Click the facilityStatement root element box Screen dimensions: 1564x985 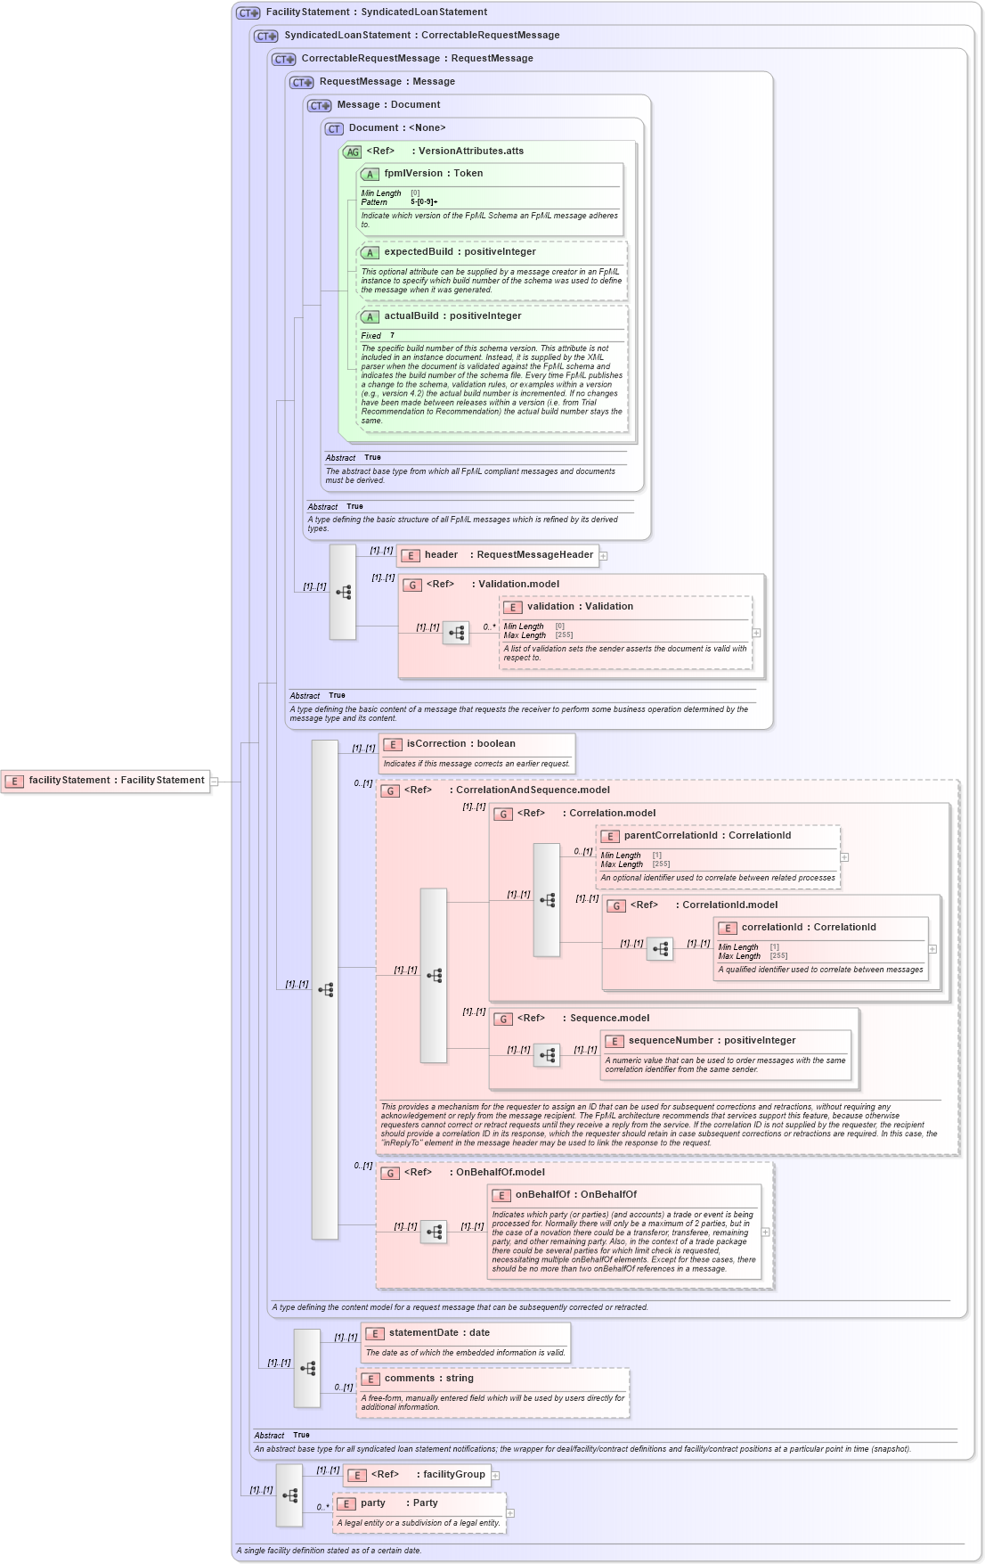point(107,781)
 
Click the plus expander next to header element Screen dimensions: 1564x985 point(604,556)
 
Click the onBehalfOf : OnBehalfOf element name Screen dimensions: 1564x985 point(575,1195)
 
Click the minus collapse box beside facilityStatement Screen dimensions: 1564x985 point(215,782)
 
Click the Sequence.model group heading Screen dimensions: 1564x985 point(609,1019)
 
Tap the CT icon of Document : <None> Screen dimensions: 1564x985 point(334,129)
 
